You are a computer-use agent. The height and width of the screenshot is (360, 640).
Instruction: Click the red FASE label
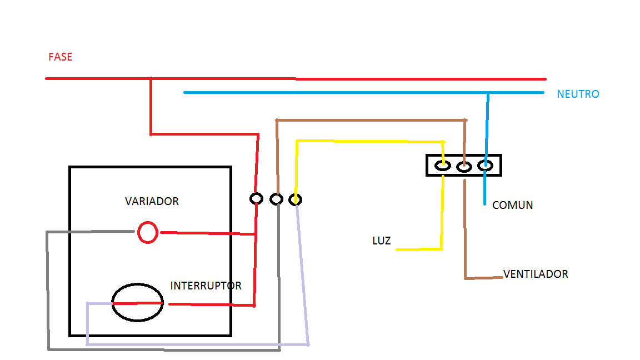[61, 57]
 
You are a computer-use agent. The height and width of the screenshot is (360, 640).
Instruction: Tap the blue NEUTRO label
[578, 94]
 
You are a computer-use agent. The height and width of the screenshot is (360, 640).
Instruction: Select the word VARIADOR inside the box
[152, 201]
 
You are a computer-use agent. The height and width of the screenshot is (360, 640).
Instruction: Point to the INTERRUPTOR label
[206, 286]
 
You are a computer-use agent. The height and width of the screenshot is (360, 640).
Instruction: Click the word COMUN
[513, 205]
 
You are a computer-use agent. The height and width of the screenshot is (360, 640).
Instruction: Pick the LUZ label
[382, 241]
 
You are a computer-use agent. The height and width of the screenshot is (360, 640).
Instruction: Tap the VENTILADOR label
[536, 274]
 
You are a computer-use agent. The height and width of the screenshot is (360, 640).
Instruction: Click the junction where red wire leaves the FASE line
[151, 78]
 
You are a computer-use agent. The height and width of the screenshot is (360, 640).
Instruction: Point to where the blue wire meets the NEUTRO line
[488, 93]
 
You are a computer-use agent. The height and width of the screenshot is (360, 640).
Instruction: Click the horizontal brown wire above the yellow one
[372, 121]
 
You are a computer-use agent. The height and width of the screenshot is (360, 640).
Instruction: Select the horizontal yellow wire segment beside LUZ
[419, 249]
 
